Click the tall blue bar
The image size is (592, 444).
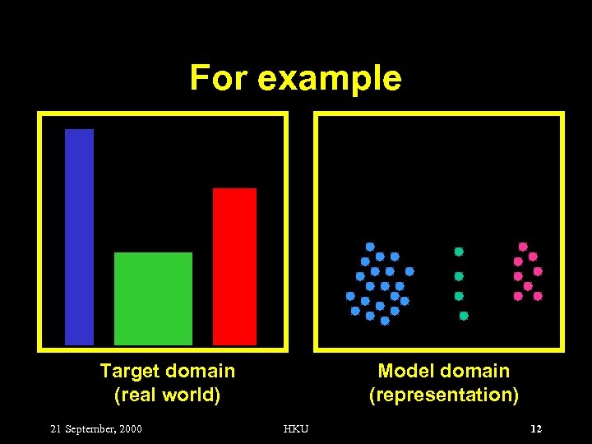(79, 236)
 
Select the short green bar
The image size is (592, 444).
(153, 298)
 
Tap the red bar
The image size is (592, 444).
(234, 266)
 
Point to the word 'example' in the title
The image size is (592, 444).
(329, 79)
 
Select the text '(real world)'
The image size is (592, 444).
(167, 395)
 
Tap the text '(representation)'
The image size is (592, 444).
(444, 395)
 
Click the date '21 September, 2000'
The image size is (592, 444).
(96, 428)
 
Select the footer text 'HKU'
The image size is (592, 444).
(295, 428)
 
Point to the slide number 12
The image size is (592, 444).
(536, 428)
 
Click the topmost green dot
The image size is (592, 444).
(460, 252)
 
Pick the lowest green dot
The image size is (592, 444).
(464, 316)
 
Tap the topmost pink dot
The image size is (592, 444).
(523, 246)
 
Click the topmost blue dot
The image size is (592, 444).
(370, 246)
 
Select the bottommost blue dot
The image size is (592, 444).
(384, 321)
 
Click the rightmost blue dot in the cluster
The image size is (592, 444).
(409, 271)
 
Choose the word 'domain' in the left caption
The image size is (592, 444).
(201, 371)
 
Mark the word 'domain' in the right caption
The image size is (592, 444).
(476, 371)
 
